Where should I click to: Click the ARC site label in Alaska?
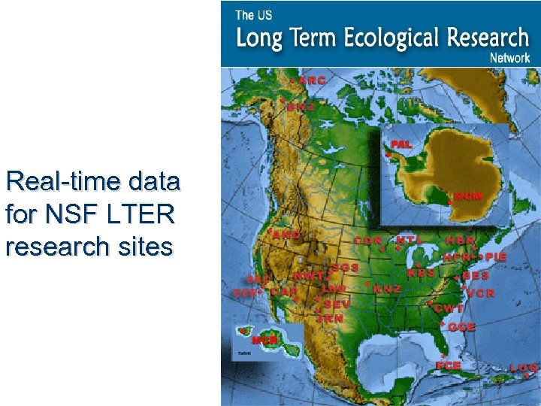pos(312,80)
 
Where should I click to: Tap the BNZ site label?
pos(301,107)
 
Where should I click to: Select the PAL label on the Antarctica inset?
pos(401,144)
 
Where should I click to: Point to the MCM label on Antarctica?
pos(467,197)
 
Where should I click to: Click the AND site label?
pos(287,235)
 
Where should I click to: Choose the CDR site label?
pos(368,241)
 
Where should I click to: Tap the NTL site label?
pos(410,240)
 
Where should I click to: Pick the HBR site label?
pos(461,241)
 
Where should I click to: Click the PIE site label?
pos(496,256)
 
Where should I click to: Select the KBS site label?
pos(421,273)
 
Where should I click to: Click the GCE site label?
pos(461,327)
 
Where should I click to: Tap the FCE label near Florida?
pos(448,365)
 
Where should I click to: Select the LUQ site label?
pos(523,368)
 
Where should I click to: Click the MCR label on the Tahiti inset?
pos(264,341)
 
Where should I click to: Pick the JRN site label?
pos(330,319)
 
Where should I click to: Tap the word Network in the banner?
pos(510,57)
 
